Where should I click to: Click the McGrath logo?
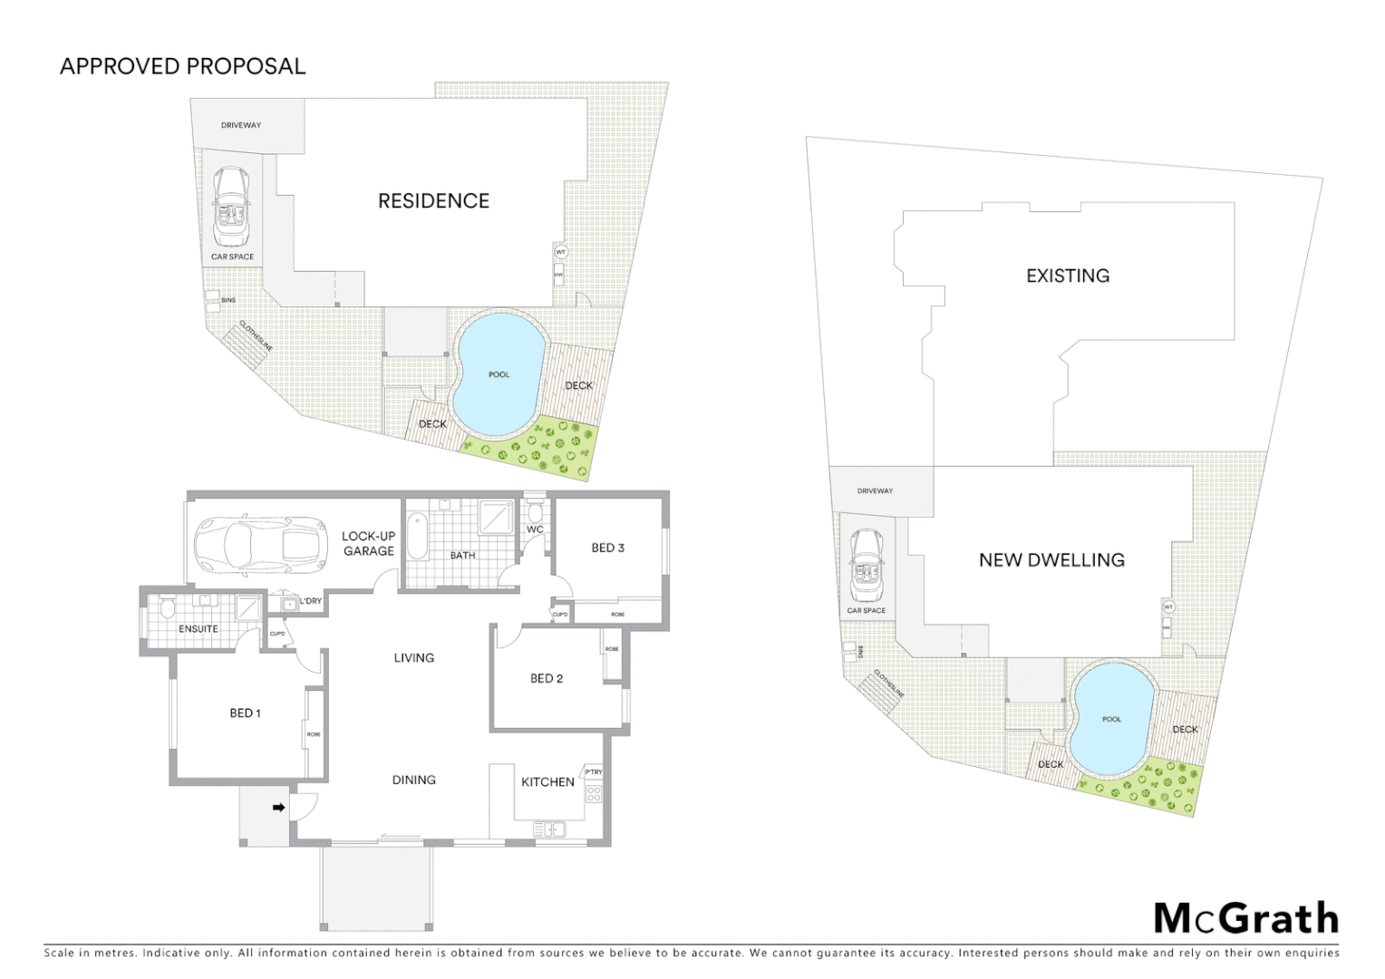pos(1245,918)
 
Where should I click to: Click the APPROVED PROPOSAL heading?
pos(182,66)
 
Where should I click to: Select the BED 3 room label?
pos(607,548)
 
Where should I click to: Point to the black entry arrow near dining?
pos(279,806)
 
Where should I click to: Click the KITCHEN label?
pos(547,781)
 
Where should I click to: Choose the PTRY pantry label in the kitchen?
pos(594,772)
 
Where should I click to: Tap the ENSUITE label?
pos(198,628)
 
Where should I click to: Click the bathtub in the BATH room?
pos(417,537)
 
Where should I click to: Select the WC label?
pos(535,529)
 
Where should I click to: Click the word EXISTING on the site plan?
pos(1067,276)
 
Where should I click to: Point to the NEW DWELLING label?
pos(1051,560)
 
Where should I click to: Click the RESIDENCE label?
pos(433,201)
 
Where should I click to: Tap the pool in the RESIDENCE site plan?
pos(499,373)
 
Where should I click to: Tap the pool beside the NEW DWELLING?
pos(1111,719)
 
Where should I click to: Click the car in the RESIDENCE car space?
pos(231,207)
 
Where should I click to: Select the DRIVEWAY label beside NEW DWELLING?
pos(875,490)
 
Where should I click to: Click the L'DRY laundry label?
pos(310,601)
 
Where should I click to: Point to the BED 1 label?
pos(245,713)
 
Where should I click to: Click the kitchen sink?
pos(549,829)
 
